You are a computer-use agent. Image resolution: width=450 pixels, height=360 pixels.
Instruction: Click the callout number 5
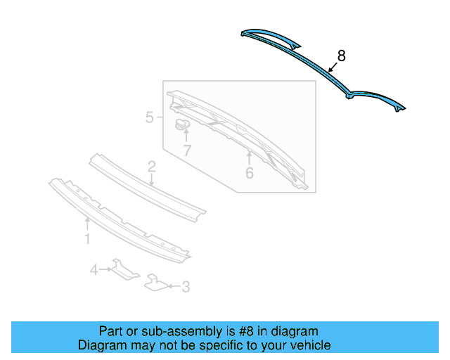click(x=150, y=117)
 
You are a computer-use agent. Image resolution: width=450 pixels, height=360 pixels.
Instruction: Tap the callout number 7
click(x=186, y=150)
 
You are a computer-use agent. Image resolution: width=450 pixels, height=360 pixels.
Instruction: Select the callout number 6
click(x=250, y=172)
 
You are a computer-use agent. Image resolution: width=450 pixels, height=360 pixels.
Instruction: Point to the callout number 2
click(x=151, y=167)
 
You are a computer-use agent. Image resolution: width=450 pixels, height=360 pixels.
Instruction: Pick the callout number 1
click(x=87, y=240)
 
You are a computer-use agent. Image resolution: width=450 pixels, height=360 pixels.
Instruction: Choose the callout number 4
click(x=94, y=269)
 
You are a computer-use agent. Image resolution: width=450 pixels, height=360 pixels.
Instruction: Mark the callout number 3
click(x=186, y=286)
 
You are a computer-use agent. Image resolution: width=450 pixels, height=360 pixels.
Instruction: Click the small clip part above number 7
click(x=183, y=124)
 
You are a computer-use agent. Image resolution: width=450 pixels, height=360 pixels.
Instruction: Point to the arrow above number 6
click(x=249, y=155)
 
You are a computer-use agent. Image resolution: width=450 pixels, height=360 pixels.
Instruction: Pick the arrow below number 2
click(x=152, y=180)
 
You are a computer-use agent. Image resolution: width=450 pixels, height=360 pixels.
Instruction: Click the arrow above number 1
click(x=87, y=224)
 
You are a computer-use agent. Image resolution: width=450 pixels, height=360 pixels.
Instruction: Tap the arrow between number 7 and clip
click(x=186, y=136)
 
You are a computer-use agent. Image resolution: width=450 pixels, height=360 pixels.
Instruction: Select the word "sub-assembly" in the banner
click(x=166, y=331)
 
